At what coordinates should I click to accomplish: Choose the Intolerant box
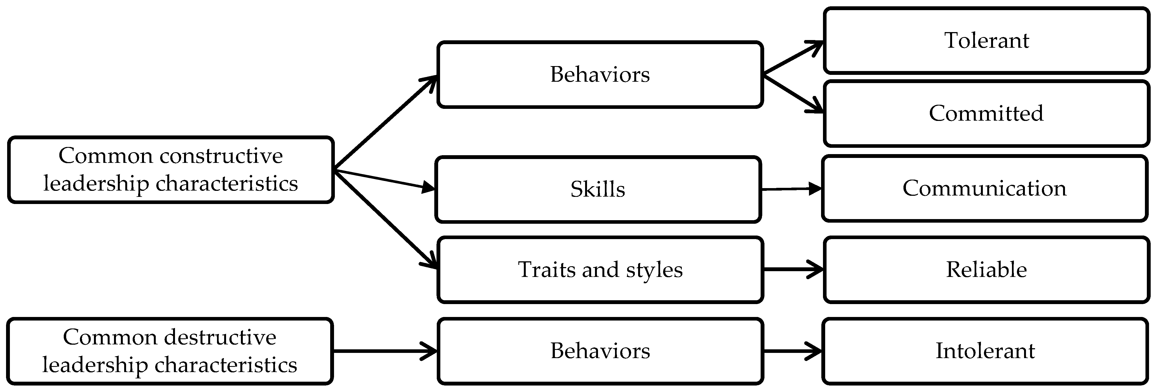pos(985,351)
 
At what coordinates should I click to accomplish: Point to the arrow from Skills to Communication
pos(791,189)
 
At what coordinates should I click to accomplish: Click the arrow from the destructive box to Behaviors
pos(385,351)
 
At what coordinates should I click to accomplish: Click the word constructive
pos(221,156)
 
